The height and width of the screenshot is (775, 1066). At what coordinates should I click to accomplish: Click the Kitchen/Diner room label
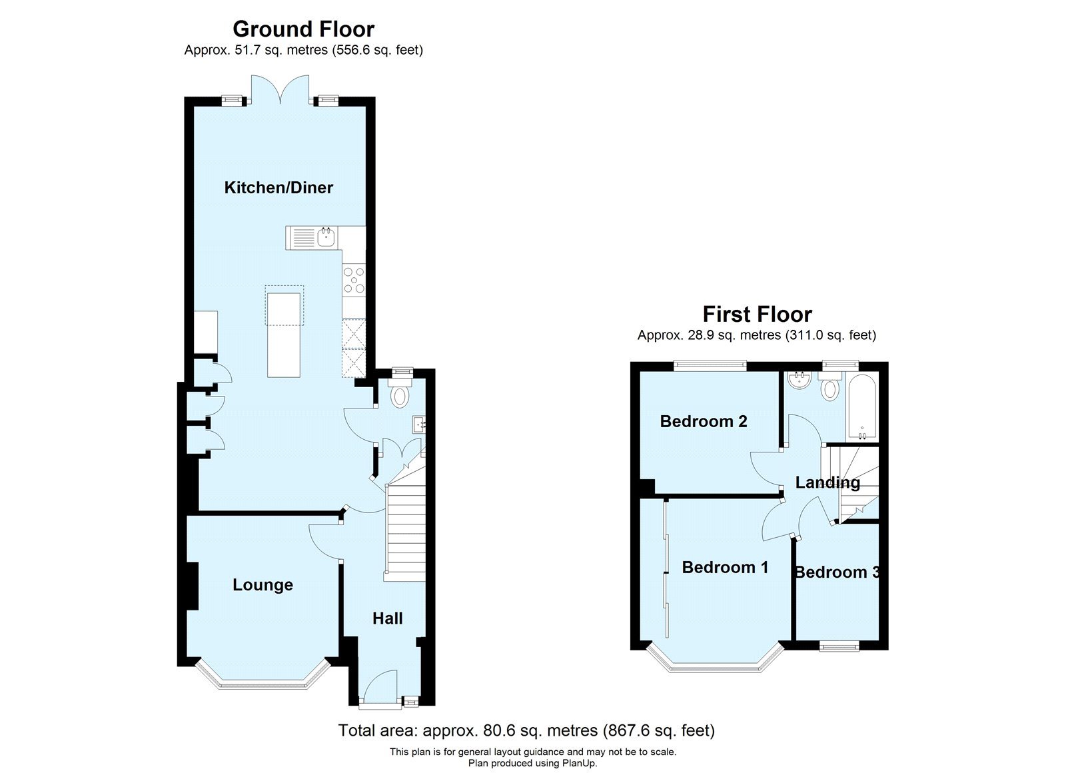(278, 188)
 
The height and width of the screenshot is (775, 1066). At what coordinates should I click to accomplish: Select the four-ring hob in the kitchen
(353, 280)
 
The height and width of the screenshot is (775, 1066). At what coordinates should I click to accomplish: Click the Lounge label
(263, 585)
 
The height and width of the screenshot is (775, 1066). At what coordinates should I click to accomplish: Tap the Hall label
(387, 618)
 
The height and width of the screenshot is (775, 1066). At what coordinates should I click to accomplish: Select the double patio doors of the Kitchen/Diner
(280, 90)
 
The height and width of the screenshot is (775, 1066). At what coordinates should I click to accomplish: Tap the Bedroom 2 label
(703, 421)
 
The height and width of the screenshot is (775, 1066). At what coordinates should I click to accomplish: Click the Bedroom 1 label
(725, 567)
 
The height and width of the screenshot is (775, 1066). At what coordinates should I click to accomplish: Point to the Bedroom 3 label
(837, 572)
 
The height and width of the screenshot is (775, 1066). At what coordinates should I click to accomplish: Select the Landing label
(827, 482)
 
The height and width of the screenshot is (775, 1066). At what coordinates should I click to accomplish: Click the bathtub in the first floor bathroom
(861, 406)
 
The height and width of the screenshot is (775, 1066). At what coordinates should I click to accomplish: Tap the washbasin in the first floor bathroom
(798, 382)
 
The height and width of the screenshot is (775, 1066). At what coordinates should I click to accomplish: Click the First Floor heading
(757, 314)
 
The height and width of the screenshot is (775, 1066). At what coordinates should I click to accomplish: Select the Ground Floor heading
(303, 29)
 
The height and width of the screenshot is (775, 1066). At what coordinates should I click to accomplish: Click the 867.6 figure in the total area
(628, 731)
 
